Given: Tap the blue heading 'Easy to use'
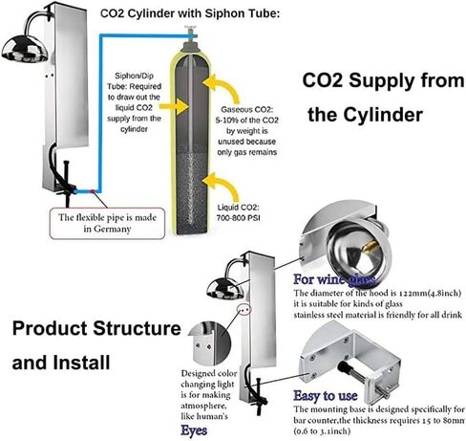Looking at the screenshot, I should tap(328, 394).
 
